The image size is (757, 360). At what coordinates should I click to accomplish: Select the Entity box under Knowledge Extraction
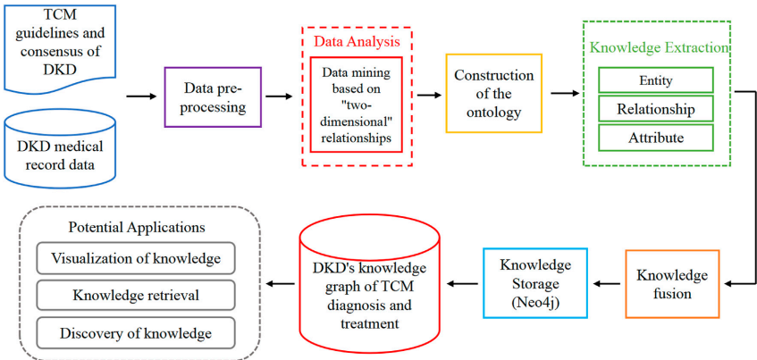tap(655, 80)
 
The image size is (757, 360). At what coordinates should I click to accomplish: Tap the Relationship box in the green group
tap(655, 109)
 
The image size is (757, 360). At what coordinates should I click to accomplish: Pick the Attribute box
tap(655, 138)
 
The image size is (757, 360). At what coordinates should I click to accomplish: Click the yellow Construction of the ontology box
tap(493, 93)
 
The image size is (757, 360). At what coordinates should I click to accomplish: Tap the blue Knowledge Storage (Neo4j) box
tap(534, 283)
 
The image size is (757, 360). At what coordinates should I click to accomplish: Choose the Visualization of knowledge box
tap(136, 258)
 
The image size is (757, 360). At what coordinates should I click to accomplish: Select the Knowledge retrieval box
tap(136, 296)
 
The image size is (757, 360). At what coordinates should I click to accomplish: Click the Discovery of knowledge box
tap(136, 333)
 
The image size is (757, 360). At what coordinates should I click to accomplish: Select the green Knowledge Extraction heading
tap(657, 47)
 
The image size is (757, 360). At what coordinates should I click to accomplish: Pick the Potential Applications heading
tap(136, 228)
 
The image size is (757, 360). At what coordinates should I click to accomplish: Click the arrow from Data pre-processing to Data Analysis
tap(279, 96)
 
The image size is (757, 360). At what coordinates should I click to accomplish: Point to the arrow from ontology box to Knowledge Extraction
tap(563, 92)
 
